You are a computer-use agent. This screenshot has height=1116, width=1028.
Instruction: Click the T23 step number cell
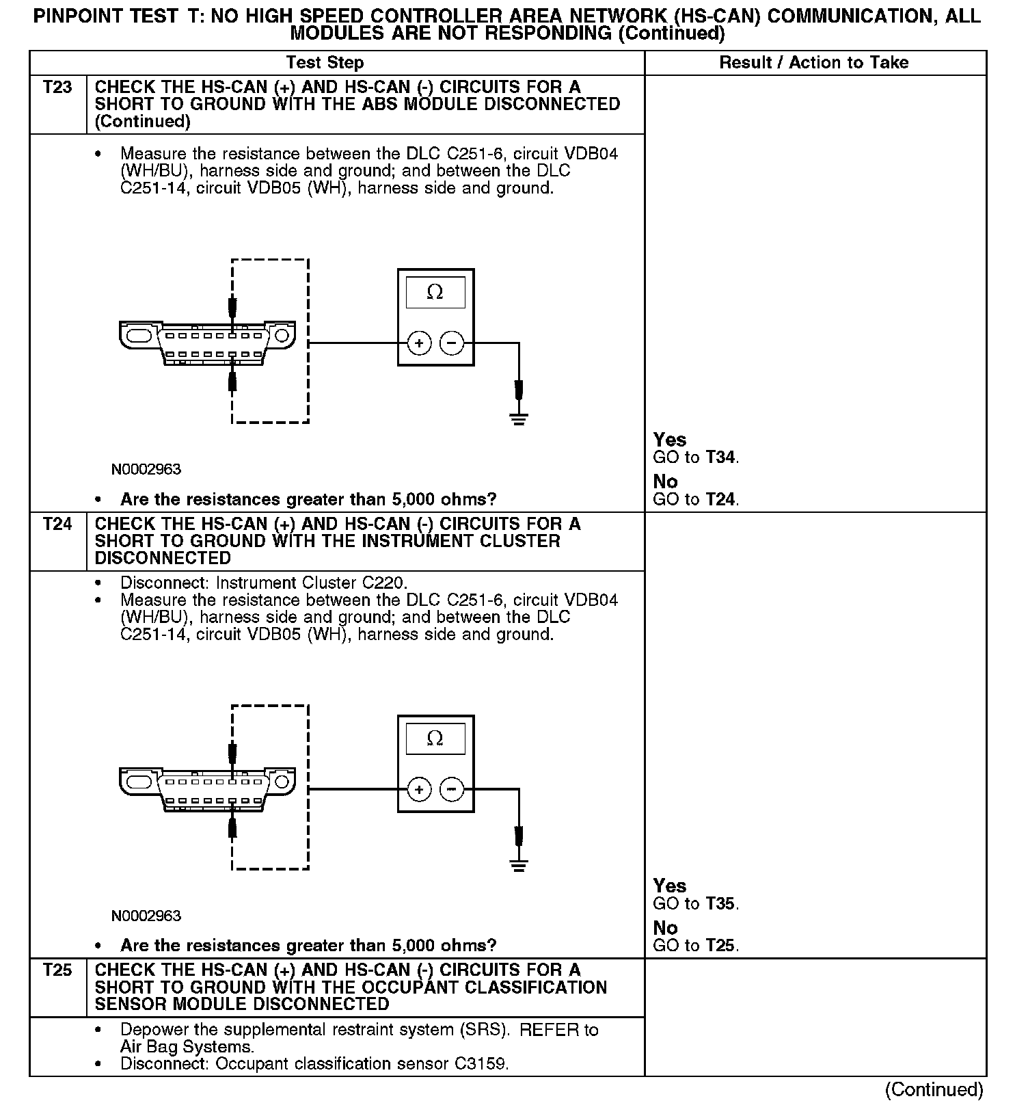(57, 88)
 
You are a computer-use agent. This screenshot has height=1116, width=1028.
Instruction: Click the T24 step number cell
(57, 524)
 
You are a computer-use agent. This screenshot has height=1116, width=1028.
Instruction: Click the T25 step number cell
(57, 970)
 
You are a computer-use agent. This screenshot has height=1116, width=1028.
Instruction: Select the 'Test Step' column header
(325, 63)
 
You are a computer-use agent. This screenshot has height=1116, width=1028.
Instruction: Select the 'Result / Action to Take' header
(813, 63)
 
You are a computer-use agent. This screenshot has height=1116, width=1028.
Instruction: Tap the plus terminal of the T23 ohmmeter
(419, 343)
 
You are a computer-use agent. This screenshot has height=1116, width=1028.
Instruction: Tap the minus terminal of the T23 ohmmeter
(451, 343)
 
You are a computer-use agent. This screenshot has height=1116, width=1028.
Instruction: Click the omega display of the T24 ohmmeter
(435, 739)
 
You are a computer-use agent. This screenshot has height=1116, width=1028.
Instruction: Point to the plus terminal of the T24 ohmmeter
(419, 790)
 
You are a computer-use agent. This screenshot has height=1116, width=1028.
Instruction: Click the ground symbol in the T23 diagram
(519, 418)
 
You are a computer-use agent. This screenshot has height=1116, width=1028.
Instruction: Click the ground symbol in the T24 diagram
(519, 866)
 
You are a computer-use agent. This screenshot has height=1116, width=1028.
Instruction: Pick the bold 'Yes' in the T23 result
(669, 440)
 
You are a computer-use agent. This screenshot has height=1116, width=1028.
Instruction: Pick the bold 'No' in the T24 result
(665, 928)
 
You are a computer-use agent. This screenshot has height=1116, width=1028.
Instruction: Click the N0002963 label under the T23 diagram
(146, 470)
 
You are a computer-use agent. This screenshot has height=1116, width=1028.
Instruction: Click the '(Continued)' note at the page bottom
(934, 1090)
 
